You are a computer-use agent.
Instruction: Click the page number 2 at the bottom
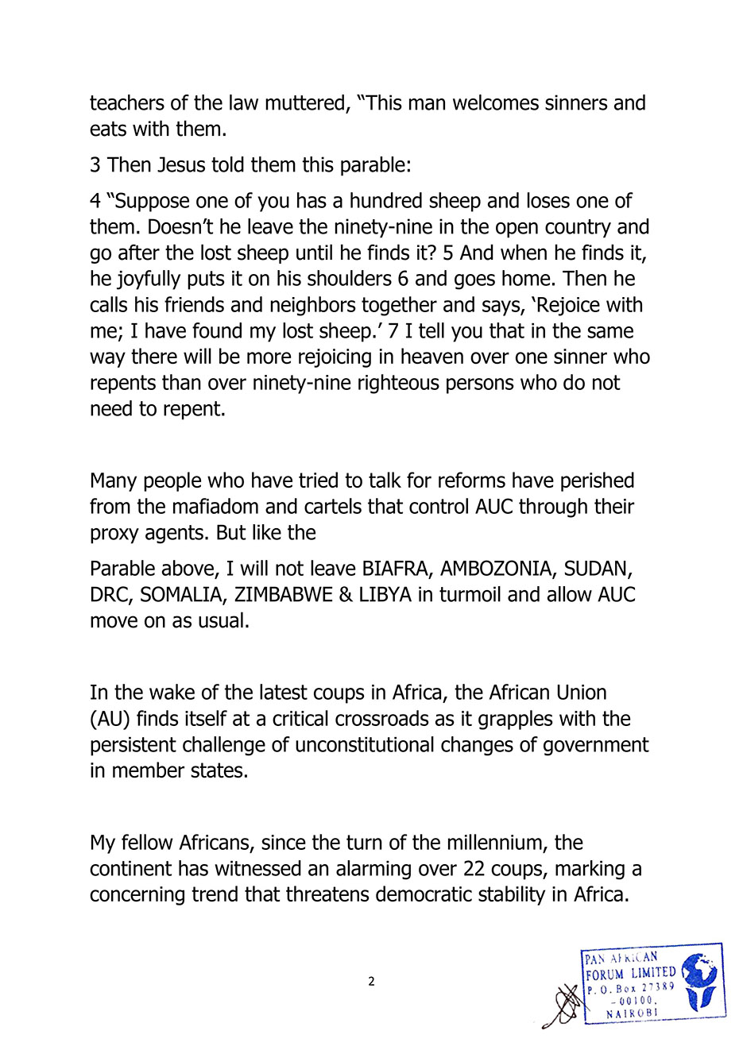tap(371, 982)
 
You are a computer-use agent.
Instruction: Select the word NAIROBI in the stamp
tap(632, 1013)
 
